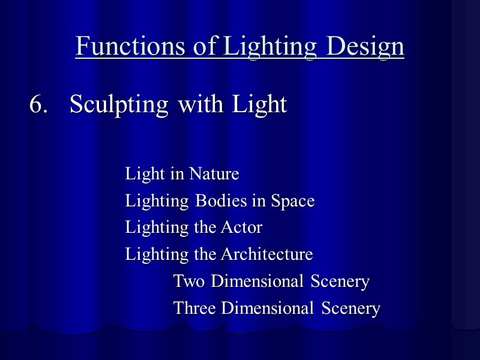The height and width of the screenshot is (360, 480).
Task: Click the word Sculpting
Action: click(x=119, y=104)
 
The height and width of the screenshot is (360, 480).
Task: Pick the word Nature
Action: click(x=214, y=174)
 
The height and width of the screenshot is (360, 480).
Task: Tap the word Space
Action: click(x=292, y=201)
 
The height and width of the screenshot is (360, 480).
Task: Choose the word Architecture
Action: click(x=266, y=254)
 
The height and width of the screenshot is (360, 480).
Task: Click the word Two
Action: click(x=189, y=281)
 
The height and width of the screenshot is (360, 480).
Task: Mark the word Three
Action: click(x=194, y=308)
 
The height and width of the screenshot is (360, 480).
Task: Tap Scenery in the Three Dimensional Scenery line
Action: click(x=350, y=308)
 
